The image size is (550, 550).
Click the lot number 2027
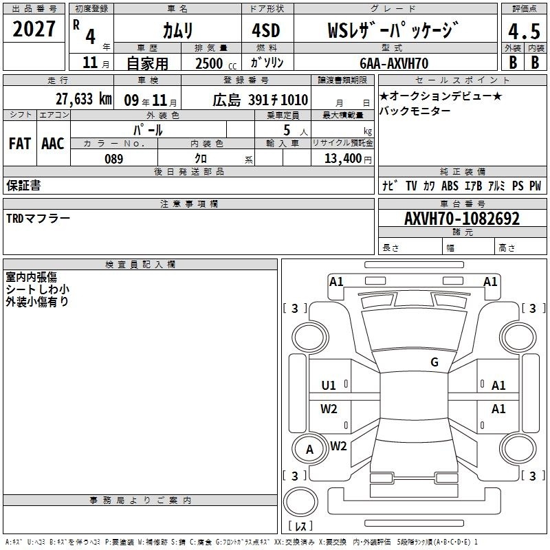pos(34,29)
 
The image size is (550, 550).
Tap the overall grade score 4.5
pos(524,32)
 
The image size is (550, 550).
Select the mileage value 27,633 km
pos(83,99)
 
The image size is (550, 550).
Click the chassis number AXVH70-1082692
pos(462,219)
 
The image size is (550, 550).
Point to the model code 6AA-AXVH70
pos(394,63)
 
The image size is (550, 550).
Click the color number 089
pos(114,159)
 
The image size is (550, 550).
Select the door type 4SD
pos(266,30)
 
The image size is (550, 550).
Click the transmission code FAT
pos(20,144)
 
